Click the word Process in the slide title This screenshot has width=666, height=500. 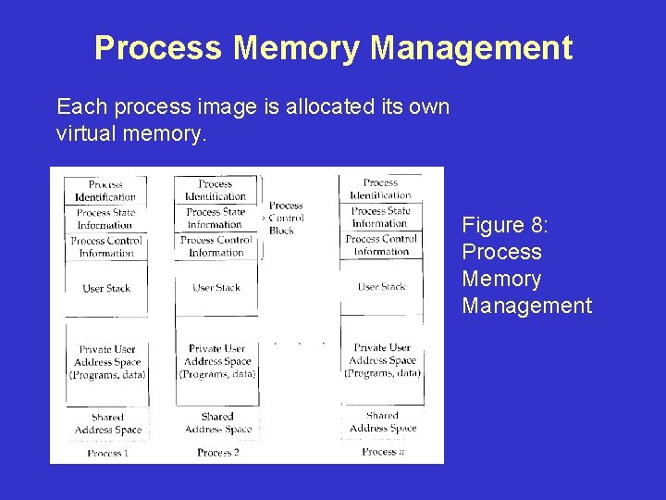157,48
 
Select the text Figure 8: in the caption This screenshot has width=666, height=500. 505,225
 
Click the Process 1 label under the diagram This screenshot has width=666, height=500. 107,453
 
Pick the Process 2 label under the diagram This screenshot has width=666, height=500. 217,453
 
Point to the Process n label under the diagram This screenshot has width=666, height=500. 383,452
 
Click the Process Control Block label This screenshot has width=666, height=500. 286,219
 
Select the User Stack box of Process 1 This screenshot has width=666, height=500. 106,288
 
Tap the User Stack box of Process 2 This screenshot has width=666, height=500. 216,287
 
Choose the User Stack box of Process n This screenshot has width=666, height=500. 381,286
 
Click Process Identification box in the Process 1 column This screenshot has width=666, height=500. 105,191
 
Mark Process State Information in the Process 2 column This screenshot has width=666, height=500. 216,218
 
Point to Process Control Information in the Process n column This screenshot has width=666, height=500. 381,244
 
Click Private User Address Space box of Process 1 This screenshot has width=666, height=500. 106,362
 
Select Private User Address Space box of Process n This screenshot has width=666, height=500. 382,360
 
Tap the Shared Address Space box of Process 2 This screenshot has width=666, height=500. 216,423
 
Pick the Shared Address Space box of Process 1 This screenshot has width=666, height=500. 107,423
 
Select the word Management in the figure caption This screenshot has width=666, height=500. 526,306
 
